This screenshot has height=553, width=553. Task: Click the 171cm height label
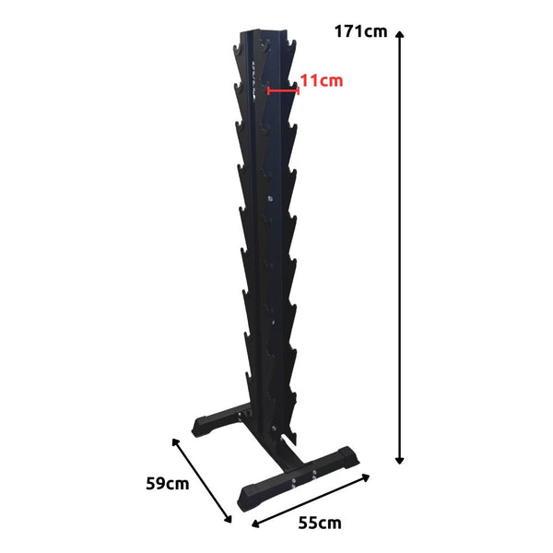click(x=361, y=32)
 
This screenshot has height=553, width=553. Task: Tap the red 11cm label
click(x=321, y=81)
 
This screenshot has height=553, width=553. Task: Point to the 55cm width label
click(x=319, y=523)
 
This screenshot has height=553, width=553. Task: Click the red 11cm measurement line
click(x=282, y=89)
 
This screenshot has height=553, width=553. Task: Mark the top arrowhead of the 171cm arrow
click(x=400, y=33)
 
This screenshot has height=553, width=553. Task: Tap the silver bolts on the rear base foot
click(x=243, y=417)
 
